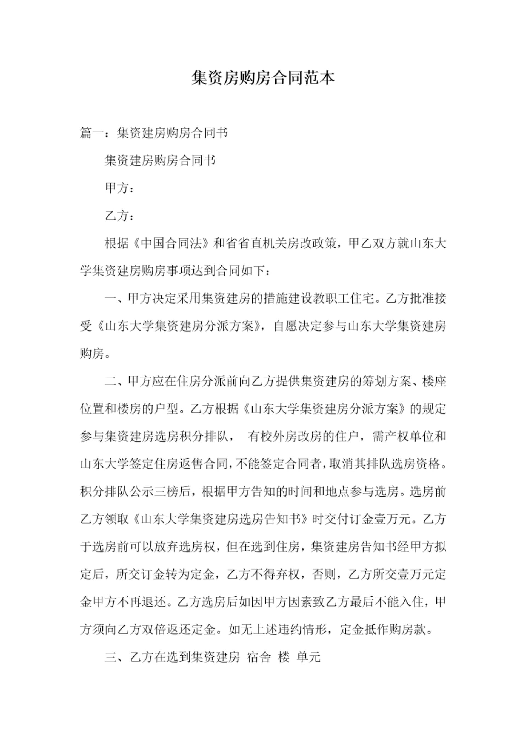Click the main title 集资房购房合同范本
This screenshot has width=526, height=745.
tap(263, 78)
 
